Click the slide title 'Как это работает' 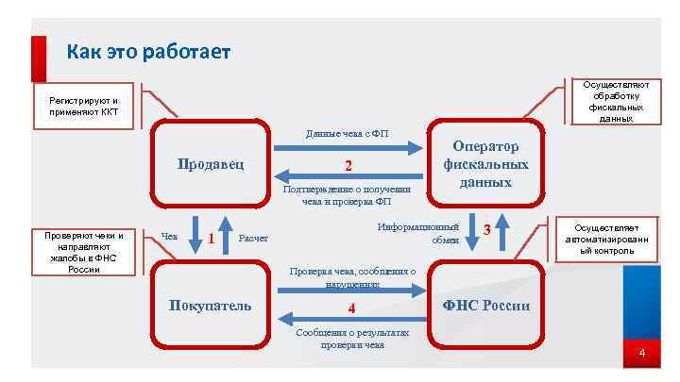coord(148,52)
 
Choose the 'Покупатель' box coord(210,306)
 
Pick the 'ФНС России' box coord(486,306)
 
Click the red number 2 coord(348,166)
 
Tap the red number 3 coord(487,230)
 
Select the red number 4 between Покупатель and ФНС coord(350,307)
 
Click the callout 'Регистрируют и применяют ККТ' coord(85,106)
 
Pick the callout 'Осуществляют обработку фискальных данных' coord(616,102)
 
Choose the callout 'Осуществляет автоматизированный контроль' coord(607,240)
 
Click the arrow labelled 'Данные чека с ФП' coord(348,148)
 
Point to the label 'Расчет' coord(254,238)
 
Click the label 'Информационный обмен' coord(418,233)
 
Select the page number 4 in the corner coord(642,354)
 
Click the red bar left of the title coord(39,58)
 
